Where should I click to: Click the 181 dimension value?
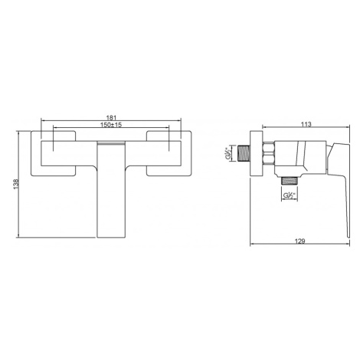(111, 118)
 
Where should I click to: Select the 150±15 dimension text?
(111, 125)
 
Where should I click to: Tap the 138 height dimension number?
(16, 184)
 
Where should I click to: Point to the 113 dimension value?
(306, 124)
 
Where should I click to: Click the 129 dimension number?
(300, 241)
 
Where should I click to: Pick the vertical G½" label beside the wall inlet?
(227, 153)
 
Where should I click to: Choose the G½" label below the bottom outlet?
(290, 195)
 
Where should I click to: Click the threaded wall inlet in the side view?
(244, 153)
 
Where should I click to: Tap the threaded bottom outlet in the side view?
(290, 181)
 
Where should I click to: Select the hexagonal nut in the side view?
(269, 152)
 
